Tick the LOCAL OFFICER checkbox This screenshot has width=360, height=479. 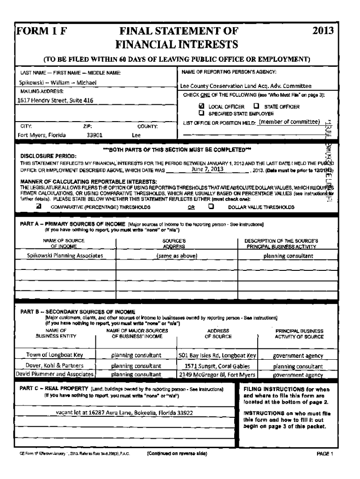202,106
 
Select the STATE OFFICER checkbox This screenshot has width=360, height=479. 256,106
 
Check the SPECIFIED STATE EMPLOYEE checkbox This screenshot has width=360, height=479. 202,113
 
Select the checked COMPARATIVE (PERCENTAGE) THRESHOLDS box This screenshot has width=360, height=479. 40,205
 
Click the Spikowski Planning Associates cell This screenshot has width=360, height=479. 65,255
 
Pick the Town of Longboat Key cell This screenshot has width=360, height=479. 55,355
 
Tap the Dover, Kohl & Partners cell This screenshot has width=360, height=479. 55,365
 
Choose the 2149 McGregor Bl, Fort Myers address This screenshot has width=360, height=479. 218,374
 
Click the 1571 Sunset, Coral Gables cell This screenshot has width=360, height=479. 218,365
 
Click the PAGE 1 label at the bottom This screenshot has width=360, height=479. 325,454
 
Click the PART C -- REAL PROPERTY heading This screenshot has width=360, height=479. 54,389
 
